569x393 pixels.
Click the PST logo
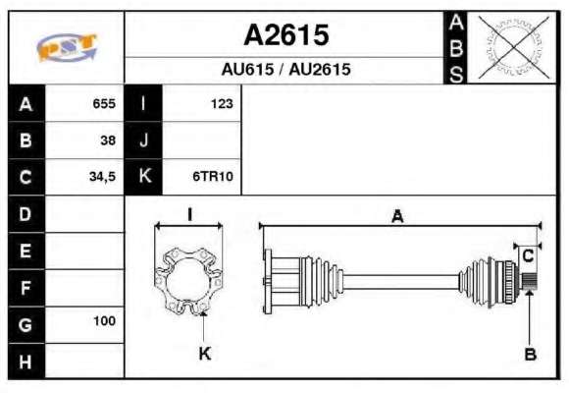coord(67,47)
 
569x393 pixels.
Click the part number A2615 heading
coord(286,35)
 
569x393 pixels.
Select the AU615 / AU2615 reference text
coord(285,69)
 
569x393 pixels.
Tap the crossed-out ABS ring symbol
coord(513,47)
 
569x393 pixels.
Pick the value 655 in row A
coord(104,103)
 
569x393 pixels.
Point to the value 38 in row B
coord(108,140)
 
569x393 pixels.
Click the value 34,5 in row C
coord(102,177)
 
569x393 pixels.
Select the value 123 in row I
coord(222,103)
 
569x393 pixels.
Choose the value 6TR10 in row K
coord(213,176)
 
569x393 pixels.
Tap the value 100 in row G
coord(105,320)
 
